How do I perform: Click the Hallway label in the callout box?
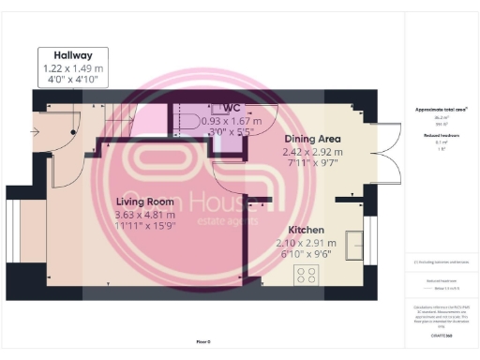tap(71, 55)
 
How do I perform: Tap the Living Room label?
tap(144, 202)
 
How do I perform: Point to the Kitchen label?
tap(307, 230)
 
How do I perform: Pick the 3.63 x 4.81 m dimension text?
tap(144, 215)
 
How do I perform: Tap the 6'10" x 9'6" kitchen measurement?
tap(307, 254)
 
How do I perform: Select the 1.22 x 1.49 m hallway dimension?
tap(72, 68)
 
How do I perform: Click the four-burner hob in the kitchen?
tap(307, 275)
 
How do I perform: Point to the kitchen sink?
tap(355, 245)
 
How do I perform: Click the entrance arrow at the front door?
tap(37, 132)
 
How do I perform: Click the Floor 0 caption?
tap(205, 342)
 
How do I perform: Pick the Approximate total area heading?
tap(441, 110)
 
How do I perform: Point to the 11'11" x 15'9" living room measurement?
tap(144, 227)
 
